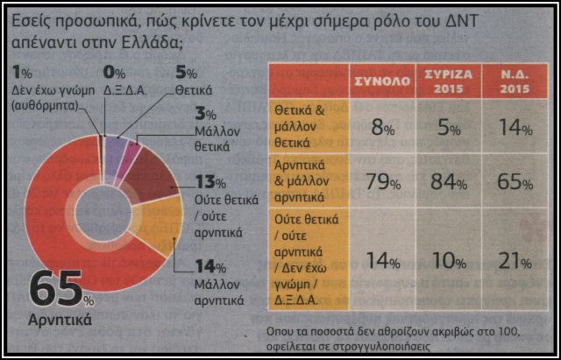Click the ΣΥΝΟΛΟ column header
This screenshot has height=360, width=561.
tap(384, 80)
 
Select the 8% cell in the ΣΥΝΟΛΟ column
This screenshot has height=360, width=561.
tap(384, 128)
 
